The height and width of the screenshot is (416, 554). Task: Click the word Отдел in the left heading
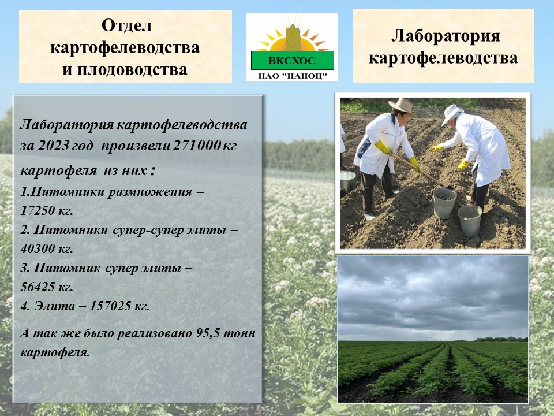pos(126,25)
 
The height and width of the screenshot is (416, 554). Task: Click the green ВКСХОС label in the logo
pos(292,61)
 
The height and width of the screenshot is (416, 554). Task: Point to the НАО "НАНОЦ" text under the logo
pos(292,76)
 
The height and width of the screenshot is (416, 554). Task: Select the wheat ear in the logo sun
pos(293,38)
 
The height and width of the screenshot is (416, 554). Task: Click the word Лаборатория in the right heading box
pos(446,36)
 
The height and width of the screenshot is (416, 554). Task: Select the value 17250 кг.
pos(47,211)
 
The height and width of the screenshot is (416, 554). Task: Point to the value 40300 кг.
pos(47,249)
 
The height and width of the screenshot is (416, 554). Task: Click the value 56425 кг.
pos(47,287)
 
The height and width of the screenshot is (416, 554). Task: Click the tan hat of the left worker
pos(402,106)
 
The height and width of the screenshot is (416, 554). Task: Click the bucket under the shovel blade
pos(444,203)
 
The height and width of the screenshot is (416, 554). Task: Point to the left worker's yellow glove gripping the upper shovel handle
pos(383,147)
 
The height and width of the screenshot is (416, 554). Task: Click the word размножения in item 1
pos(150,192)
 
